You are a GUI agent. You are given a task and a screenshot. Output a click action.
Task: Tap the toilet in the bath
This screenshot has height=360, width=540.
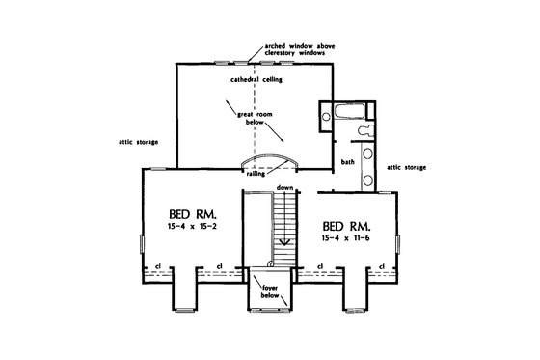(x=363, y=125)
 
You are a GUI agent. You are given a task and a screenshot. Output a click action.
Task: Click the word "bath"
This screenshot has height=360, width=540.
(x=348, y=162)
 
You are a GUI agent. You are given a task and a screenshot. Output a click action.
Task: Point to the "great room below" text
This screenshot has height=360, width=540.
(x=252, y=120)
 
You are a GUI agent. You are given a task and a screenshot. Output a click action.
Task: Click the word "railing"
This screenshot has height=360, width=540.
(x=256, y=175)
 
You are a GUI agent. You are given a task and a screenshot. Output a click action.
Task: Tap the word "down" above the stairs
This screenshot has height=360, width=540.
(x=283, y=186)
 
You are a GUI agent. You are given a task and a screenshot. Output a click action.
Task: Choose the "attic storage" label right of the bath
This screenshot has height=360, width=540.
(x=407, y=166)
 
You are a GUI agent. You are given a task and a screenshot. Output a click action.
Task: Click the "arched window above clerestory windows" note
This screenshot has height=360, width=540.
(x=308, y=49)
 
